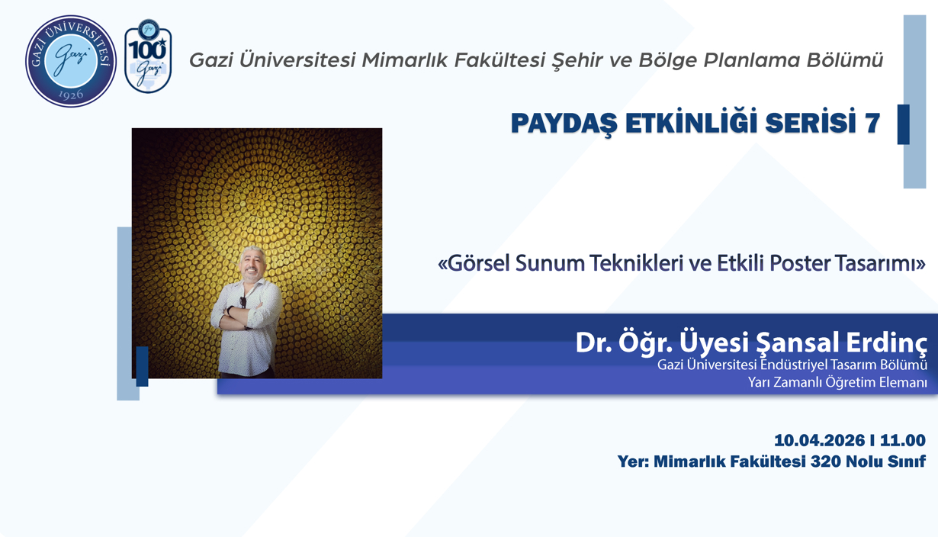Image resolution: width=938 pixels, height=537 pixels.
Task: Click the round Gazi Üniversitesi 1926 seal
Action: pos(71,61)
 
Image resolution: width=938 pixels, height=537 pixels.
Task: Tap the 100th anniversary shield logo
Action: pos(147,57)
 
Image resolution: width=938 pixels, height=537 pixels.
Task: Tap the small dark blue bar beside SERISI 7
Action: pos(904,124)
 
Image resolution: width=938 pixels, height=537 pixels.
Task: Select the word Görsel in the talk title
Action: pos(479,264)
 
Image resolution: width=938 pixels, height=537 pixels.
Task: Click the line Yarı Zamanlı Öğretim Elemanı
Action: pos(837,382)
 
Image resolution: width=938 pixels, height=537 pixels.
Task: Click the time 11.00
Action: pos(903,440)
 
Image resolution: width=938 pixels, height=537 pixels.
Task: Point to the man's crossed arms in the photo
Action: pos(245,313)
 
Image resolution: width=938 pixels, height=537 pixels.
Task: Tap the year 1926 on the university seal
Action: pos(71,95)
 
